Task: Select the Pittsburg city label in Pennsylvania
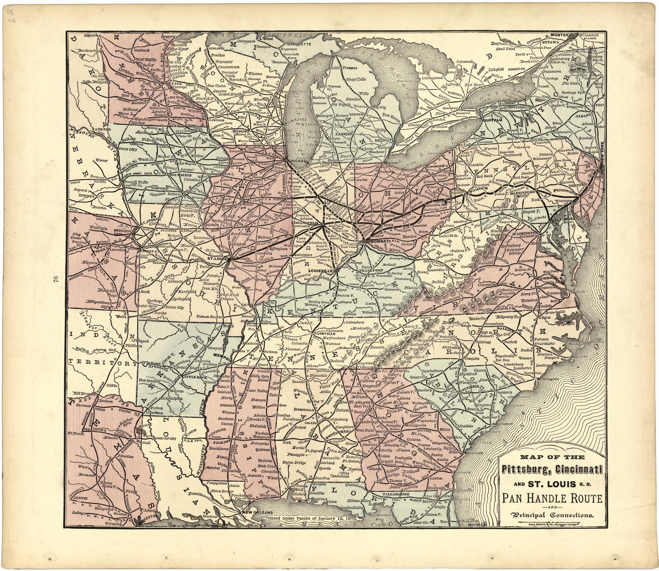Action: coord(479,188)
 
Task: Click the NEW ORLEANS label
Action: coord(257,512)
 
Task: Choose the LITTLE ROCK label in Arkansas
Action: coord(190,377)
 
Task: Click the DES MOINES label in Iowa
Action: coord(180,175)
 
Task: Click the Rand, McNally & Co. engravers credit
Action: coord(552,524)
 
